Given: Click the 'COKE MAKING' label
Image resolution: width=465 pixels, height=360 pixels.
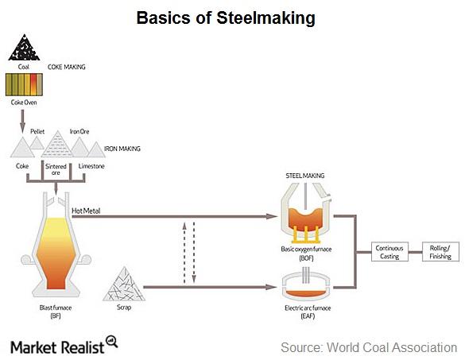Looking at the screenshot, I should point(67,68).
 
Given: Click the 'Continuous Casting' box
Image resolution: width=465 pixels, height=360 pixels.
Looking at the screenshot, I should point(389,252).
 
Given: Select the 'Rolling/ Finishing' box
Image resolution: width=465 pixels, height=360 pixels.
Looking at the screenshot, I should point(439,252).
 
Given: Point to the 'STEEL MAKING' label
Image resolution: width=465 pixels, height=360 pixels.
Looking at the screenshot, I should point(305,176).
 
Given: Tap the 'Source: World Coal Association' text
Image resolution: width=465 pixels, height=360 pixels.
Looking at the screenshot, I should point(368,347).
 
